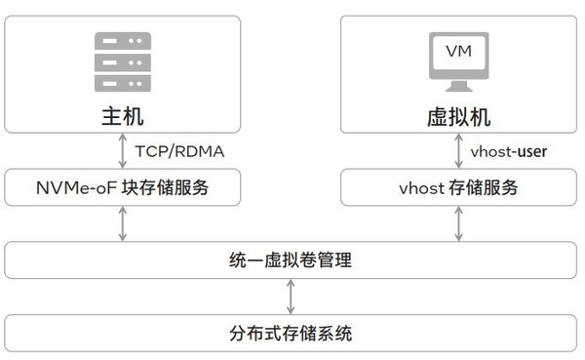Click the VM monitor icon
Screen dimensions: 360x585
click(x=458, y=60)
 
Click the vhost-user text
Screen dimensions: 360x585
click(x=508, y=152)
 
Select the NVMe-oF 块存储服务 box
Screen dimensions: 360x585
click(x=122, y=187)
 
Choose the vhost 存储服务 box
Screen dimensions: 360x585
click(x=458, y=187)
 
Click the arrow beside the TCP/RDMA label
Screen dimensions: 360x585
click(x=122, y=151)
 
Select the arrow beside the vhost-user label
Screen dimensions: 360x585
click(x=458, y=151)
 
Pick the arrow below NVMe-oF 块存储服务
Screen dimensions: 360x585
click(x=122, y=223)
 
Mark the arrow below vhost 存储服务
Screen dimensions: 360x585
click(x=458, y=223)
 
